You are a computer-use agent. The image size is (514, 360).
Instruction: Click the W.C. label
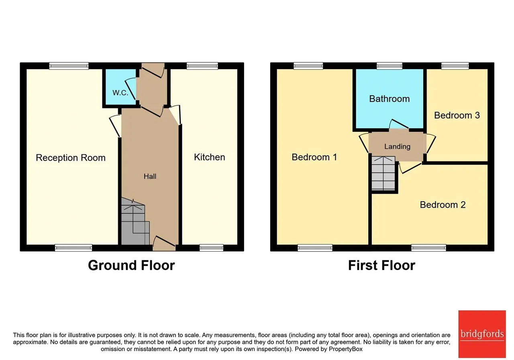coord(120,93)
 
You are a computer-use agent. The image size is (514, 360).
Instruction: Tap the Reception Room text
coord(71,158)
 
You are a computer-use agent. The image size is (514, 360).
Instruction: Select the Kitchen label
coord(210,157)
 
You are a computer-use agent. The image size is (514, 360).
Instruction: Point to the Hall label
coord(150,176)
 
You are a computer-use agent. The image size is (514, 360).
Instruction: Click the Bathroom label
coord(390,99)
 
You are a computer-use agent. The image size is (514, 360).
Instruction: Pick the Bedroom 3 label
coord(457,115)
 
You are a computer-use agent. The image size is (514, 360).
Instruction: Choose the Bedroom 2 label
coord(443,205)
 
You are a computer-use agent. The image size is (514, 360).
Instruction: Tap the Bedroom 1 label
coord(314,157)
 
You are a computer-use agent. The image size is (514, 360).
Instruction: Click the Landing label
coord(398,147)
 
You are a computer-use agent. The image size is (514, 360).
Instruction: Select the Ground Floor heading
coord(131,266)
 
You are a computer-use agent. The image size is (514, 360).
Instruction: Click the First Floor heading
coord(381,266)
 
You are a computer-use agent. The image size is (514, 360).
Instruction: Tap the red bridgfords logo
coord(482,334)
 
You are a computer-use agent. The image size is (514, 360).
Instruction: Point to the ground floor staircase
coord(135,221)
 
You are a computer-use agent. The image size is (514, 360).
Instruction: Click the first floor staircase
coord(383,173)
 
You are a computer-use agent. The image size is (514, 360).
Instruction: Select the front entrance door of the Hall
coord(164,243)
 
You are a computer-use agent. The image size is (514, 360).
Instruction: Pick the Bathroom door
coord(399,124)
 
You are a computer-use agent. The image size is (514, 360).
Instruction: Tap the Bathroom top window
coord(390,66)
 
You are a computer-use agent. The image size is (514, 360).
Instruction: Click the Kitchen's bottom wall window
coord(211,248)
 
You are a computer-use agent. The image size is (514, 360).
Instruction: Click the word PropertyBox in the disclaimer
coord(346,349)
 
